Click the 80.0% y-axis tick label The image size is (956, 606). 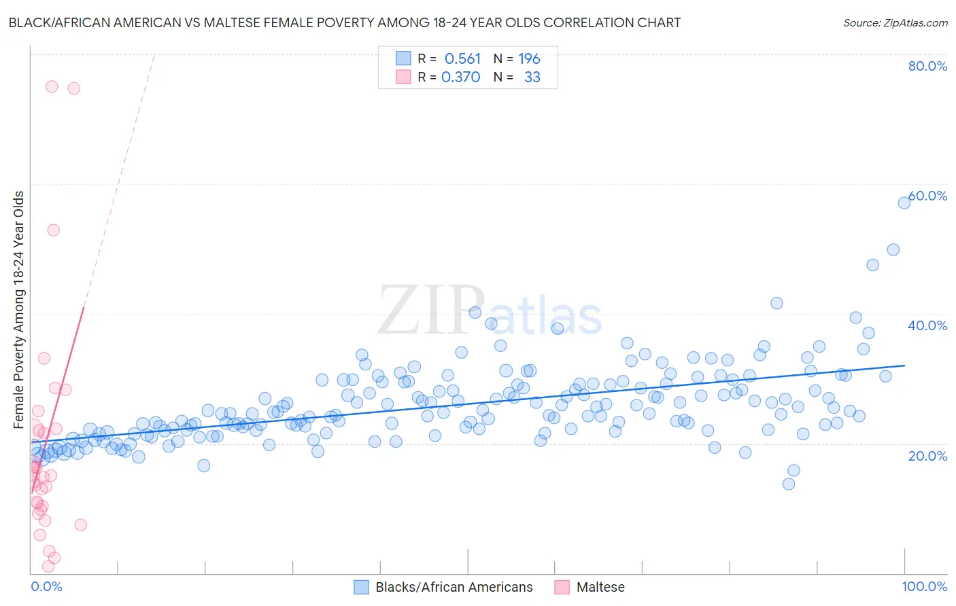[927, 66]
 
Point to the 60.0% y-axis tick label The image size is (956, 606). [927, 196]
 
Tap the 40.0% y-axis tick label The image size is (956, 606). [927, 325]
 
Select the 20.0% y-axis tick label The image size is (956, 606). [927, 455]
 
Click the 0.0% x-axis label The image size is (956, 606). [46, 586]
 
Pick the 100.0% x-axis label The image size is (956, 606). [924, 586]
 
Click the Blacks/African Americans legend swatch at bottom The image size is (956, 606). [361, 587]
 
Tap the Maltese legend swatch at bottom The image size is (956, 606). [562, 587]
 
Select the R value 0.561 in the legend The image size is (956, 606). [462, 59]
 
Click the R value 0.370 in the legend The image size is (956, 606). [461, 77]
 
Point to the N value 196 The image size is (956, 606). [529, 59]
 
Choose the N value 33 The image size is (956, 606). [532, 77]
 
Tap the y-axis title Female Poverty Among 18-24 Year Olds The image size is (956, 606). [19, 310]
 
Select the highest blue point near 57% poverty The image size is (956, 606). [904, 202]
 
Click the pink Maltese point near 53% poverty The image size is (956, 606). [53, 230]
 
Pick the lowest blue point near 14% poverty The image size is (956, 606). [789, 484]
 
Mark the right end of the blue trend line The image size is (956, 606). [905, 366]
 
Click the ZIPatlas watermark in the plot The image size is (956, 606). [490, 312]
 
